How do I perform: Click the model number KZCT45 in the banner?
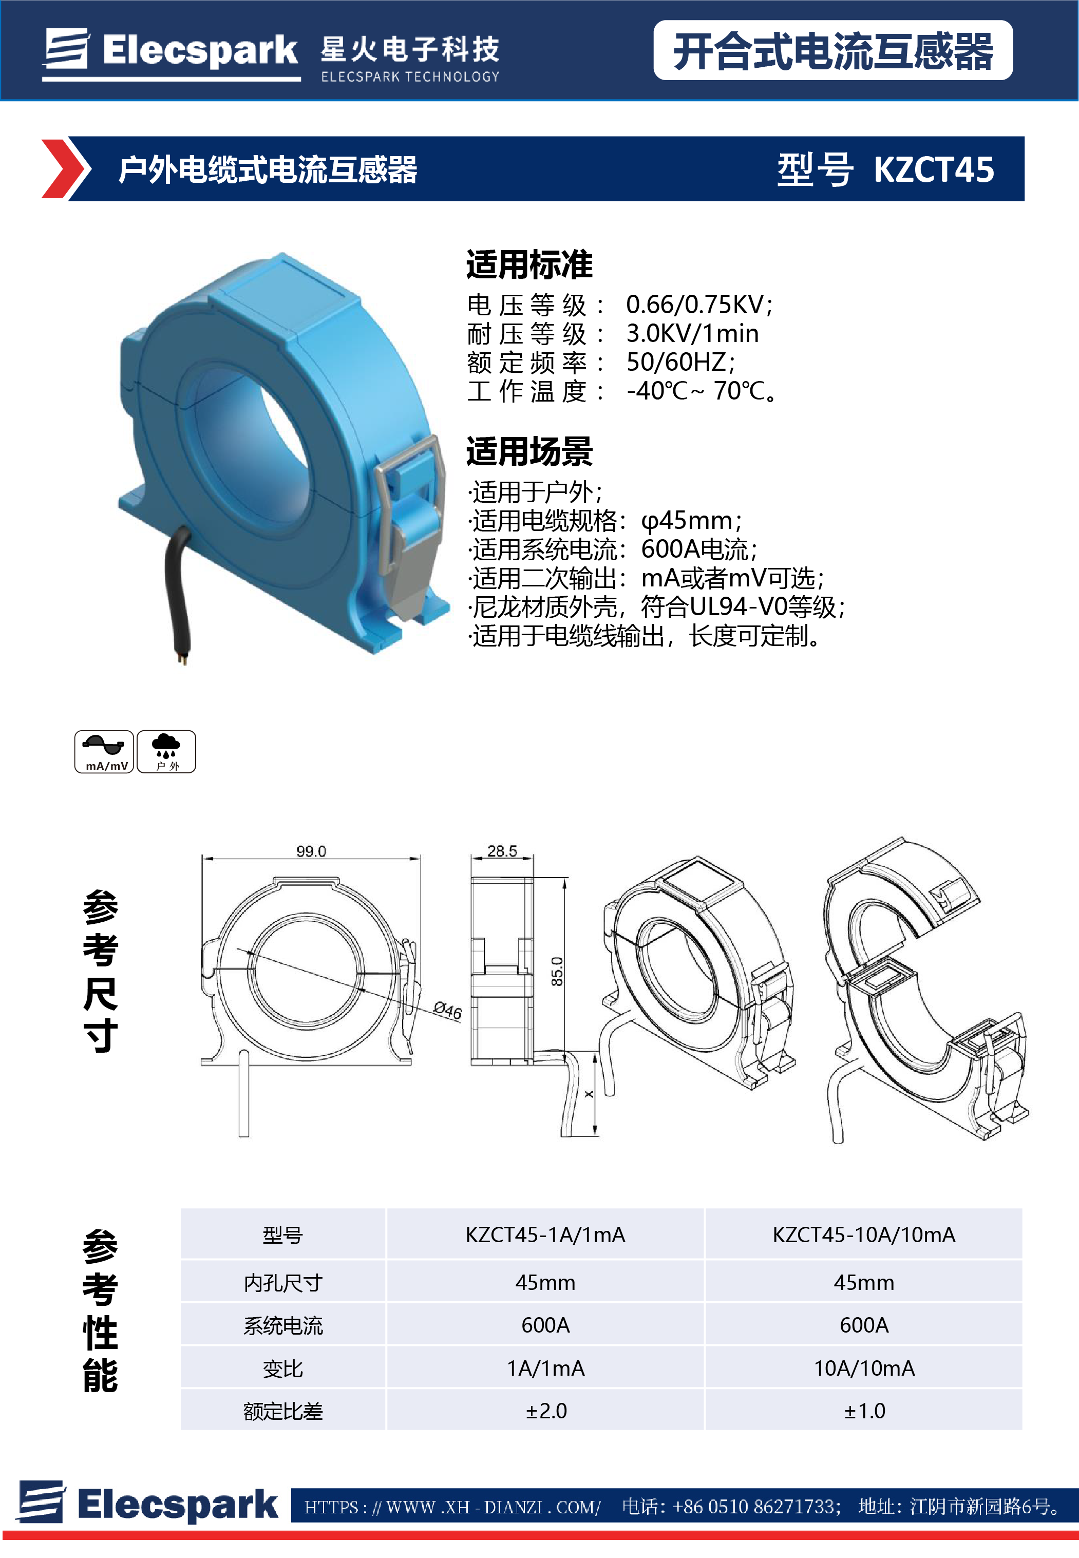point(933,169)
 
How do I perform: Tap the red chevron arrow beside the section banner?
point(66,169)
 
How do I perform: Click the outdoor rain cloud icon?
point(166,751)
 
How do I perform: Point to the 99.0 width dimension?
point(311,851)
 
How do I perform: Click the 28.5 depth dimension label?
point(502,851)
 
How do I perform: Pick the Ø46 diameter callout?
point(447,1011)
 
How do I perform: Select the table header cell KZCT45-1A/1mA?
point(545,1235)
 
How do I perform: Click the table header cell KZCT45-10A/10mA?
point(863,1235)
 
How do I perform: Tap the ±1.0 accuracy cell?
point(864,1411)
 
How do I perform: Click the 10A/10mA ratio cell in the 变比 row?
point(864,1368)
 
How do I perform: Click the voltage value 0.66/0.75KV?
point(699,305)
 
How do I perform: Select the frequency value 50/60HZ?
point(680,363)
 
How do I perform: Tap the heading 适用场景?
point(529,451)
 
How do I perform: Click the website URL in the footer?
point(452,1507)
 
